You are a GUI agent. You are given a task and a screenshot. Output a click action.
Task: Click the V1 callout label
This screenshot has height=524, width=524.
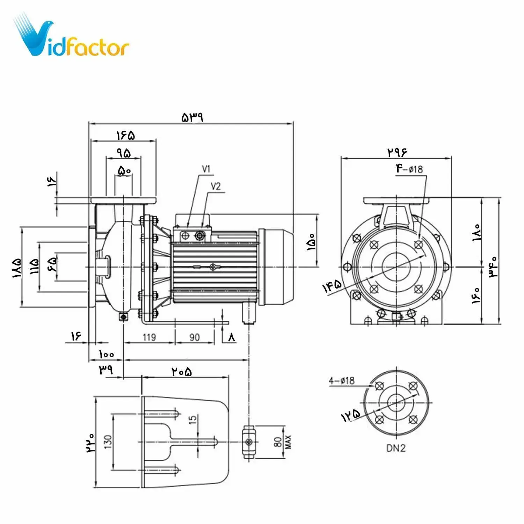click(x=206, y=169)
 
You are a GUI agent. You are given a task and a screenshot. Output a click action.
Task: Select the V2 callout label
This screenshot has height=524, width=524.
click(x=216, y=187)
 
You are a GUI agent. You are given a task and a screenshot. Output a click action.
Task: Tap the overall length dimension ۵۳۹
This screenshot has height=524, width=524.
click(x=192, y=117)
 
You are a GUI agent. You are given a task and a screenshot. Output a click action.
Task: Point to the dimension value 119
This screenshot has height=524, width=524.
click(x=149, y=337)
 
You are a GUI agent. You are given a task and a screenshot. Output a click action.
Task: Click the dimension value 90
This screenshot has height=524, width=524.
click(x=195, y=337)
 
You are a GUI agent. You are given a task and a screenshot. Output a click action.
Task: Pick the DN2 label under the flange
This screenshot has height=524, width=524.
click(x=396, y=448)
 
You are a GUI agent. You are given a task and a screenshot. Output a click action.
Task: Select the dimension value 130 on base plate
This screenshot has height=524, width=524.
click(x=108, y=442)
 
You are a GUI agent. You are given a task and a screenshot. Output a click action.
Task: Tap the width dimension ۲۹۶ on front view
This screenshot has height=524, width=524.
click(x=397, y=152)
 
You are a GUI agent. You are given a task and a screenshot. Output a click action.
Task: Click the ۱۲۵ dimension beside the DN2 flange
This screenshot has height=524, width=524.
click(x=350, y=415)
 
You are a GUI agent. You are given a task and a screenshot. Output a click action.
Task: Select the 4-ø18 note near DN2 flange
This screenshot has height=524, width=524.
click(x=342, y=380)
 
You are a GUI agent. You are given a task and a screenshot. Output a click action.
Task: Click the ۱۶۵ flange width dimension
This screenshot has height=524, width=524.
click(x=125, y=135)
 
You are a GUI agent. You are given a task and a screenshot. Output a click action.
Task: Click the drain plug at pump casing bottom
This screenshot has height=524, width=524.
click(x=123, y=317)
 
